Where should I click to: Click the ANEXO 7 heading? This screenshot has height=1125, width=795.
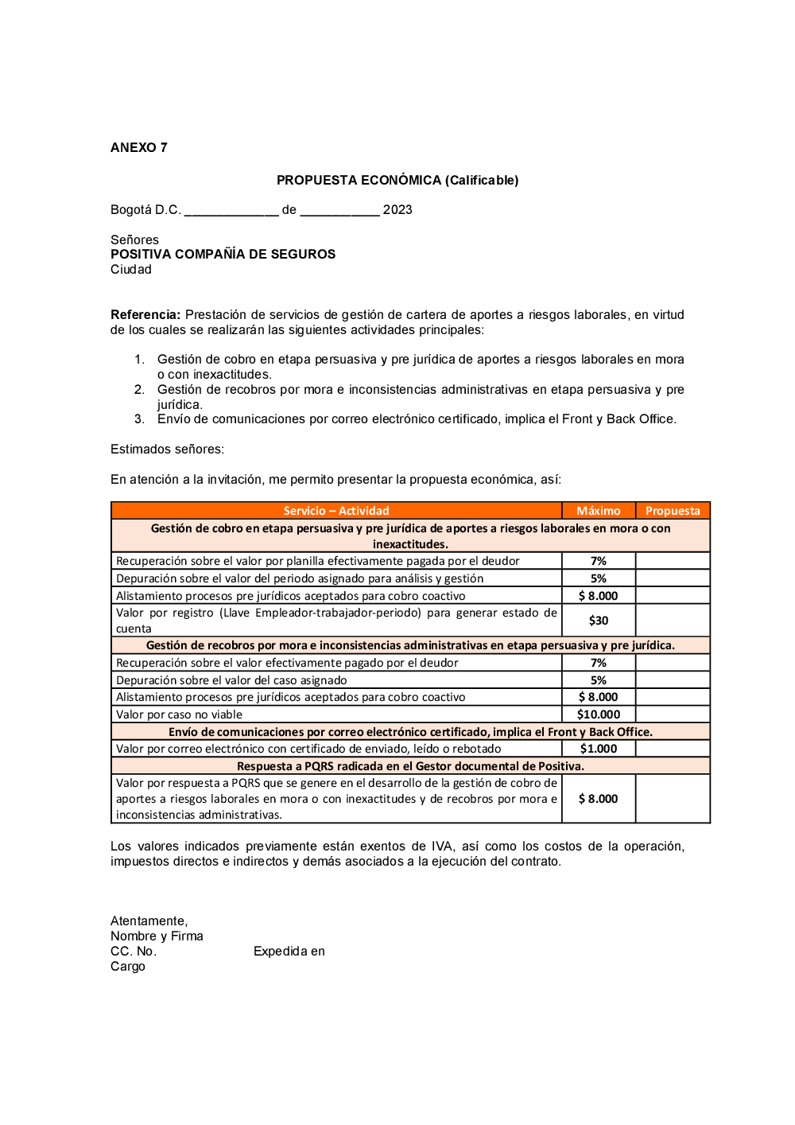tap(139, 148)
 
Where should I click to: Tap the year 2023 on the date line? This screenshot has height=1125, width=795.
tap(397, 210)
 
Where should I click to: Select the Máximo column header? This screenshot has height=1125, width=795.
tap(598, 511)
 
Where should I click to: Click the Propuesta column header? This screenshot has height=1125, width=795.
tap(673, 511)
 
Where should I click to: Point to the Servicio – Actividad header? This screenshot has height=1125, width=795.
tap(336, 511)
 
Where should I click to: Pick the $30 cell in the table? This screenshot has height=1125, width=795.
tap(599, 621)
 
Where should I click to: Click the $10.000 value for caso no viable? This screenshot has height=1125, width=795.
tap(599, 714)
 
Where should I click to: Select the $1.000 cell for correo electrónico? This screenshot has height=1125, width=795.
tap(599, 749)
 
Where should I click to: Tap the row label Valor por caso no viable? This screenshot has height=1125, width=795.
tap(179, 714)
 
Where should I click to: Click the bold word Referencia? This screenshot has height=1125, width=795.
tap(145, 315)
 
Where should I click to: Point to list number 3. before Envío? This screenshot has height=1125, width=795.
tap(140, 419)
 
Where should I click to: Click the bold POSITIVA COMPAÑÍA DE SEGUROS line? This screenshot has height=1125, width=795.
tap(223, 255)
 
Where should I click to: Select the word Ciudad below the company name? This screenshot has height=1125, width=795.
tap(131, 270)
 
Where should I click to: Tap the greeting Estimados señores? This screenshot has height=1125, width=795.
tap(167, 450)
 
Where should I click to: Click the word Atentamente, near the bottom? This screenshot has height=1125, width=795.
tap(149, 921)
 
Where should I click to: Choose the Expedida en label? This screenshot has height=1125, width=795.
tap(289, 952)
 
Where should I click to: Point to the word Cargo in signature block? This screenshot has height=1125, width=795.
tap(128, 967)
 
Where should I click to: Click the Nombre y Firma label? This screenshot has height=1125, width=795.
tap(157, 936)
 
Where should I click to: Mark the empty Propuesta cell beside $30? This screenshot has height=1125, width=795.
tap(673, 621)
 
